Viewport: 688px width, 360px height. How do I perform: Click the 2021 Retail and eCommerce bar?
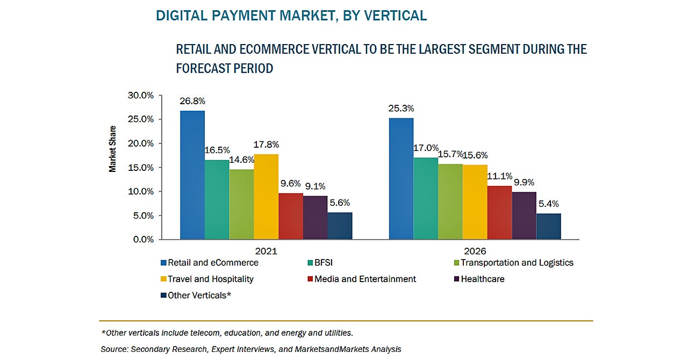click(192, 175)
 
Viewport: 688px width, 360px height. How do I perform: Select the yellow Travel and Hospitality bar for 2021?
click(266, 197)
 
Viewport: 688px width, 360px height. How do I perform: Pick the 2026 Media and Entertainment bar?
click(500, 212)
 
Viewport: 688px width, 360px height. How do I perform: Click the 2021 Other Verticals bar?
click(340, 226)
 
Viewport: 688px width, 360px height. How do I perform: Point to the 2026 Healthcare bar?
click(524, 215)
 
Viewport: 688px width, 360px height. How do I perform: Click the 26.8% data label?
click(192, 101)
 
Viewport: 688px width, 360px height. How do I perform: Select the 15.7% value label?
click(450, 155)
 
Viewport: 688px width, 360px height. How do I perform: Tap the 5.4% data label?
click(548, 204)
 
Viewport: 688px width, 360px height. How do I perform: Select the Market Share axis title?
click(113, 149)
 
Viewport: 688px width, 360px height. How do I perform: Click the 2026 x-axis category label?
click(475, 251)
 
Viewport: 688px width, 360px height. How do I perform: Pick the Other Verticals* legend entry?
click(199, 295)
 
